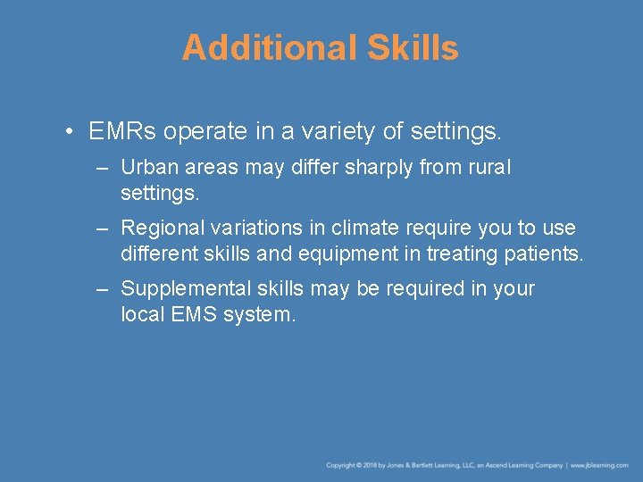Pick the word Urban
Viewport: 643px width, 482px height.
(x=145, y=168)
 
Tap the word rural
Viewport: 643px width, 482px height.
(x=490, y=168)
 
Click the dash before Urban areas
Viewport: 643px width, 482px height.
(x=104, y=168)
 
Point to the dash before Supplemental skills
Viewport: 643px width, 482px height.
(x=104, y=289)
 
